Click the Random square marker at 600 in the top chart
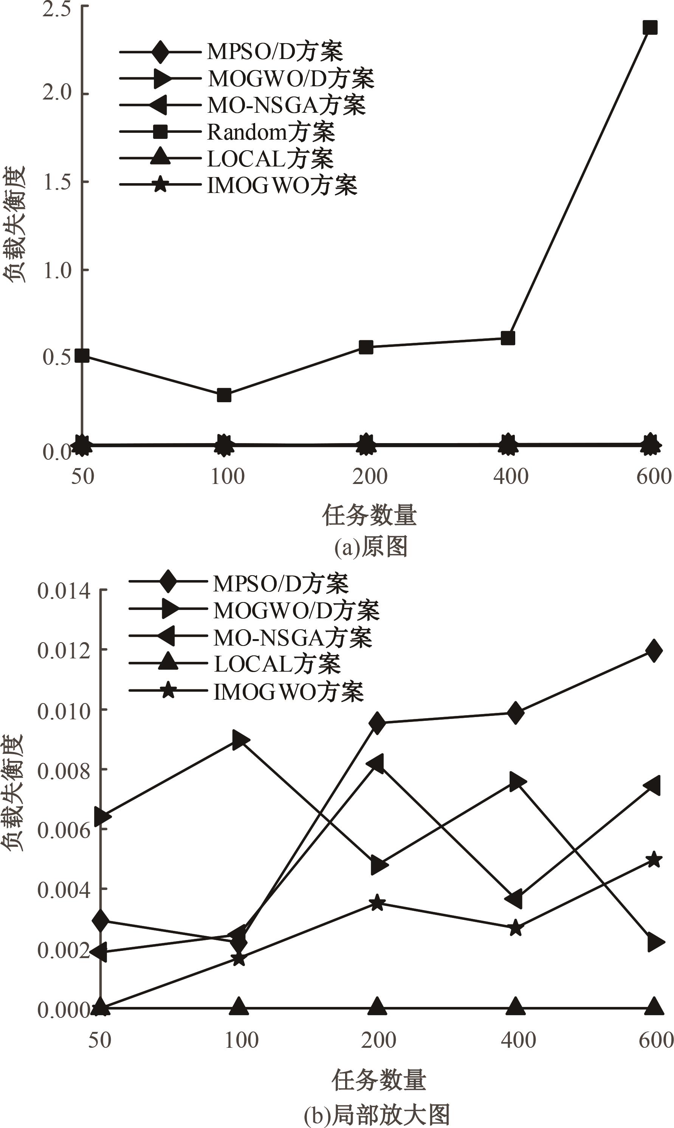(x=650, y=28)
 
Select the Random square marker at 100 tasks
(x=224, y=395)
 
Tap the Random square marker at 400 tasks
(x=508, y=338)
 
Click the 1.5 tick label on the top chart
(x=57, y=181)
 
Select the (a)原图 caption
(x=370, y=546)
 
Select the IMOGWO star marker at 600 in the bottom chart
(x=654, y=860)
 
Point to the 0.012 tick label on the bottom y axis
(x=64, y=650)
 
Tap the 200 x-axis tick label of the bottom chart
(x=378, y=1040)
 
